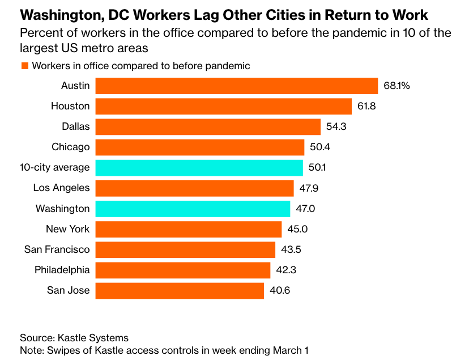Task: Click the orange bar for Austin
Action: [236, 86]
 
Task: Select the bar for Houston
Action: [223, 106]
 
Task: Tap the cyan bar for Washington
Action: [193, 209]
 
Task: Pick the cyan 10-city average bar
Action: [199, 167]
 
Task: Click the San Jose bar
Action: [180, 291]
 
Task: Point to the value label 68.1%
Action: [396, 86]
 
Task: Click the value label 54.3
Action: [336, 126]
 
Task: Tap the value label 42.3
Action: [286, 270]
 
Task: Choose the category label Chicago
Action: [70, 147]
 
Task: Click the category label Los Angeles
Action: [61, 188]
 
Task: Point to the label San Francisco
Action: [57, 249]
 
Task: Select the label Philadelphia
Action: [62, 270]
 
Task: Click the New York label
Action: [67, 229]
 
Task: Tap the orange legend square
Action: [25, 66]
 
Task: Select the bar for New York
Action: [188, 229]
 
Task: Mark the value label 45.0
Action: [297, 229]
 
